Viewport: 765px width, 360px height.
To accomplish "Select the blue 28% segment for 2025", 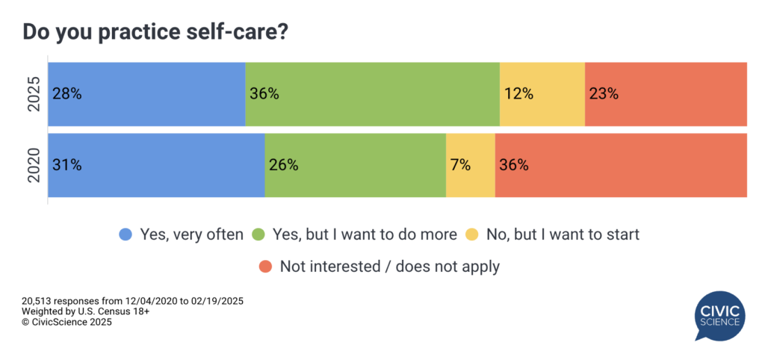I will (x=146, y=94).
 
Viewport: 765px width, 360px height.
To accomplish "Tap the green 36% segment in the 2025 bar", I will (x=372, y=94).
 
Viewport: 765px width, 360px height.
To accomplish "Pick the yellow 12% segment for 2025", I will (x=542, y=94).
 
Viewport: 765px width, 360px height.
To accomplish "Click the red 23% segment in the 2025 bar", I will (x=666, y=94).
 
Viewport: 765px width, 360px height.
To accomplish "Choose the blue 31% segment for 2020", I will (x=156, y=165).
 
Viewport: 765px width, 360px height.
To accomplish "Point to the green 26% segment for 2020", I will (x=355, y=165).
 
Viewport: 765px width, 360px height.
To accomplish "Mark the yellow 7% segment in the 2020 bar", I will (x=470, y=165).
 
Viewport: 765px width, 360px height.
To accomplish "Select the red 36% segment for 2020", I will (x=621, y=165).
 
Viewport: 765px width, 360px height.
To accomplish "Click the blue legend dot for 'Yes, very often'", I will (x=126, y=235).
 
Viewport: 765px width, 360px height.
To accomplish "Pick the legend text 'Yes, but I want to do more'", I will (x=365, y=235).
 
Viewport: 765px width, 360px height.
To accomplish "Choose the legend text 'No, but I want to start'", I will (x=563, y=235).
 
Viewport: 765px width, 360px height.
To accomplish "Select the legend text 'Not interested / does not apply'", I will (x=389, y=265).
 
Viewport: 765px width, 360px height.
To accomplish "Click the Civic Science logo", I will (x=720, y=316).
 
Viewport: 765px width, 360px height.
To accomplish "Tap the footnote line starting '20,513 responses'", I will (x=133, y=300).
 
